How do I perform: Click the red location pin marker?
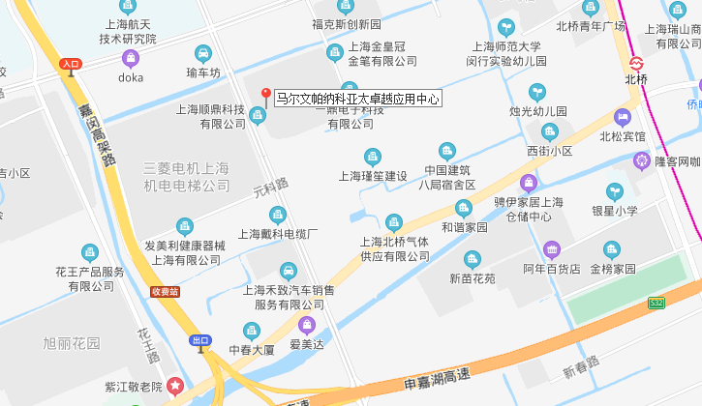click(266, 95)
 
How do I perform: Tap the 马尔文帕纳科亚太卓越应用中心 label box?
click(357, 99)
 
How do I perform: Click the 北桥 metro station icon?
click(637, 63)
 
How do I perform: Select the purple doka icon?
click(131, 59)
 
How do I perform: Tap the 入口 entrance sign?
click(70, 64)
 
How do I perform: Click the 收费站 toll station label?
click(165, 291)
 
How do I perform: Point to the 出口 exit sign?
click(200, 340)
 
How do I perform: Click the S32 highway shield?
click(656, 304)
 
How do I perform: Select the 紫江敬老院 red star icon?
click(174, 386)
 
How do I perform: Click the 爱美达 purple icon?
click(307, 324)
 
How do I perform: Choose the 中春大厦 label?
click(252, 350)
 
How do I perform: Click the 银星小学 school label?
click(615, 210)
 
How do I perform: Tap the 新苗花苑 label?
click(472, 278)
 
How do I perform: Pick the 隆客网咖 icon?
click(640, 160)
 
